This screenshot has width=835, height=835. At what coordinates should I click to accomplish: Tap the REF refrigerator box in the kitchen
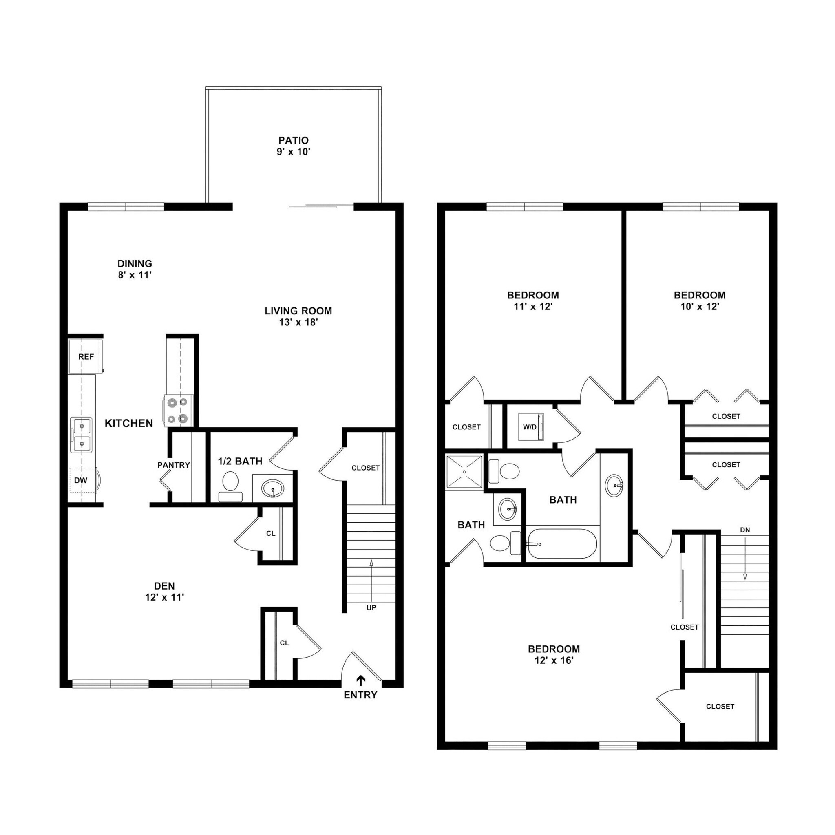pyautogui.click(x=86, y=357)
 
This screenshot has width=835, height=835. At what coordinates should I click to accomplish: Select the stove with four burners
pyautogui.click(x=179, y=411)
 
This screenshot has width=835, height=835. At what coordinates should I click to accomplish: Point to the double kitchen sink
pyautogui.click(x=81, y=435)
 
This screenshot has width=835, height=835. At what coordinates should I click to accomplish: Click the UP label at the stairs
pyautogui.click(x=371, y=607)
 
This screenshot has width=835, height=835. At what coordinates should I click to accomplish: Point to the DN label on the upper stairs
pyautogui.click(x=744, y=530)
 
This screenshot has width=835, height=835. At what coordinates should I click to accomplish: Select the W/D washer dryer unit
pyautogui.click(x=531, y=427)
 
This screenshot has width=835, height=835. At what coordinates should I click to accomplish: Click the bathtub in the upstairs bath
pyautogui.click(x=561, y=544)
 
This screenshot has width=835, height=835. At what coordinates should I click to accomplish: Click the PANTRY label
pyautogui.click(x=173, y=465)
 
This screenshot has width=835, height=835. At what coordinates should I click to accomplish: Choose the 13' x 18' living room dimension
pyautogui.click(x=298, y=322)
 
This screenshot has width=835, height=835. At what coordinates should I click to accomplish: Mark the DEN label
pyautogui.click(x=164, y=586)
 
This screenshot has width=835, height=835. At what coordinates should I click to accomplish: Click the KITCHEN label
pyautogui.click(x=129, y=424)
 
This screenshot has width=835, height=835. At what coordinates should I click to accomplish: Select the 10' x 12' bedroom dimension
pyautogui.click(x=699, y=307)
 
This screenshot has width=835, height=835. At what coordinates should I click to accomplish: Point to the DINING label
pyautogui.click(x=135, y=264)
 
